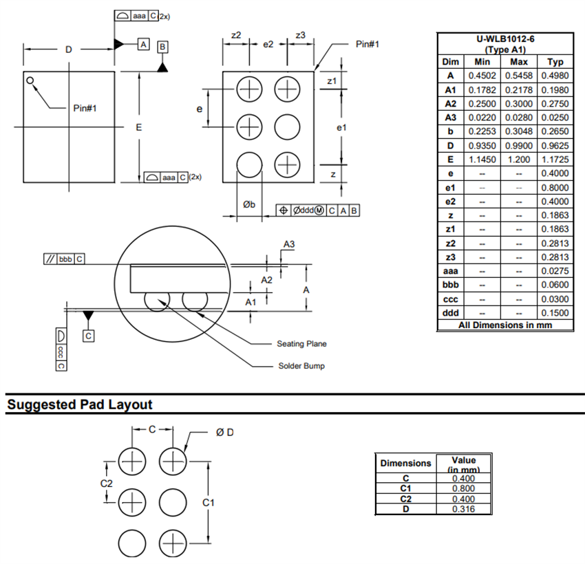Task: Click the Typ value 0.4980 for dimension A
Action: click(555, 76)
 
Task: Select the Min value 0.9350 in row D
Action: click(482, 146)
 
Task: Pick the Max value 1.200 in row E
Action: click(518, 160)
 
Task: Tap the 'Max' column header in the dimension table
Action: click(518, 62)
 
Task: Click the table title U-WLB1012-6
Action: click(506, 39)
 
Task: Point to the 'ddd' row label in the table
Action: click(450, 313)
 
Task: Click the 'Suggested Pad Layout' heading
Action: click(79, 404)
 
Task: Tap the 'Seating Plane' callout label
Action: click(301, 344)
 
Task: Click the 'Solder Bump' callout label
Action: click(301, 366)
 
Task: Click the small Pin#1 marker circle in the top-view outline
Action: click(30, 80)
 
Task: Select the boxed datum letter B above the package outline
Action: click(162, 47)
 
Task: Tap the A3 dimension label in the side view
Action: click(289, 244)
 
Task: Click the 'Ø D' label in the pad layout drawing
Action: click(224, 432)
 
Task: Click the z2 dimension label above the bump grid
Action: click(235, 35)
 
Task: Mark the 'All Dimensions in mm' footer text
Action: click(506, 325)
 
